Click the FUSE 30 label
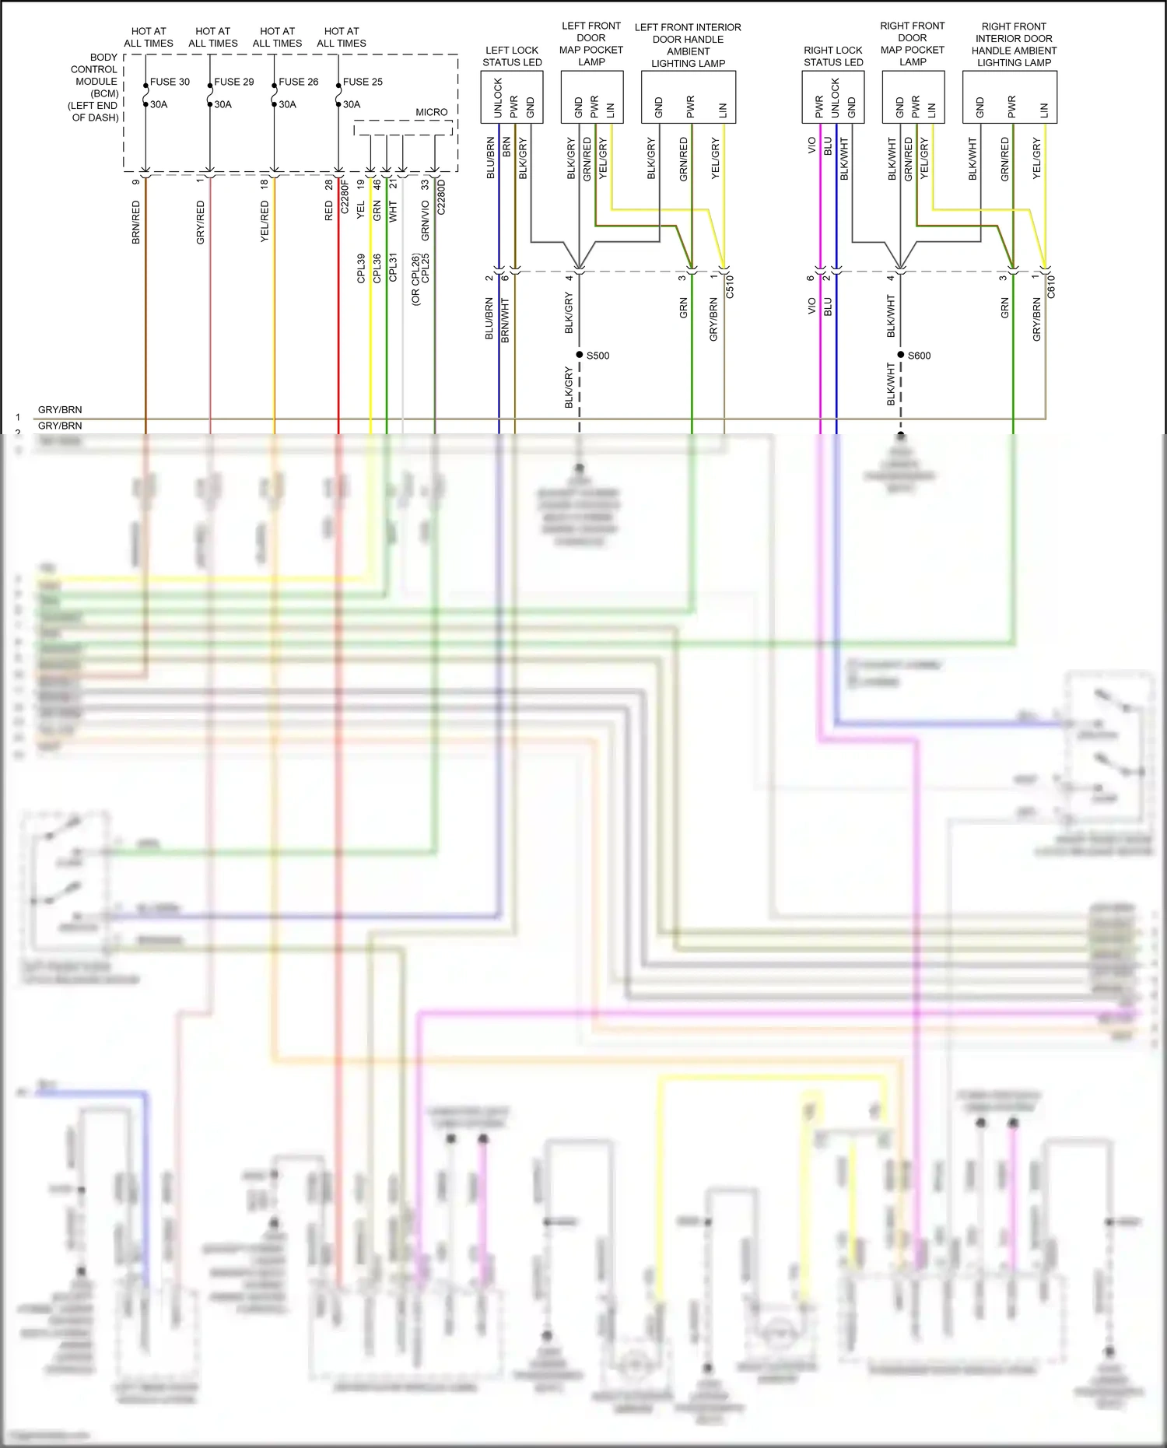click(170, 82)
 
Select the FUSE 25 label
click(363, 82)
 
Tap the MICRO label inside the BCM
click(431, 112)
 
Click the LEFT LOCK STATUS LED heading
click(512, 56)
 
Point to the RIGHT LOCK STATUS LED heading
click(833, 56)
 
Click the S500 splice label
click(598, 356)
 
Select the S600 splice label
click(919, 356)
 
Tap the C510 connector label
click(730, 287)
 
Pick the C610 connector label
click(1051, 287)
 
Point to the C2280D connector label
click(441, 196)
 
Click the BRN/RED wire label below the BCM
click(136, 223)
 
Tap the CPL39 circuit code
click(361, 268)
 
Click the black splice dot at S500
click(580, 355)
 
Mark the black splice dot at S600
click(901, 355)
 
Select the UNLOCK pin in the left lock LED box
click(498, 98)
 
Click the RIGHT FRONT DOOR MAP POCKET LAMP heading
click(912, 44)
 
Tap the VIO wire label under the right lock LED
click(811, 146)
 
